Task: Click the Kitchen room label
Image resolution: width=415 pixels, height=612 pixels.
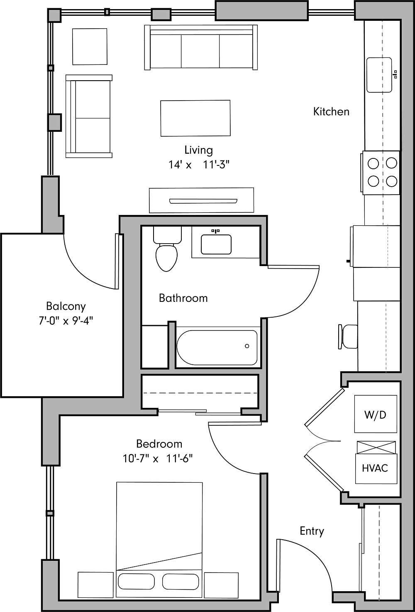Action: coord(331,111)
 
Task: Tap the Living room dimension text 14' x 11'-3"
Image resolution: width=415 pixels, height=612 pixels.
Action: coord(199,165)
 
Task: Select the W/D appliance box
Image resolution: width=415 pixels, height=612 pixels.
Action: coord(375,414)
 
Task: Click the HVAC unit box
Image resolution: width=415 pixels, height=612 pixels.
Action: coord(375,468)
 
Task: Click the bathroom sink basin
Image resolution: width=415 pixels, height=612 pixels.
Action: coord(216,244)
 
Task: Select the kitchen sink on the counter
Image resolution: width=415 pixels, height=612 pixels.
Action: coord(379,75)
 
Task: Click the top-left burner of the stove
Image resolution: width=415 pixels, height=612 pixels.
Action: coord(373,163)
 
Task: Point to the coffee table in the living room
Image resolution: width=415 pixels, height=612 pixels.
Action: coord(195,118)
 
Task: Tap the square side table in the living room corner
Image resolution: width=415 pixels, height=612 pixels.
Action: coord(90,47)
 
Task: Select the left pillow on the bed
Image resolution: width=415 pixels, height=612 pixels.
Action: coord(137,581)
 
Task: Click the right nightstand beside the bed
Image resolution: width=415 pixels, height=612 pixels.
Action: coord(221,585)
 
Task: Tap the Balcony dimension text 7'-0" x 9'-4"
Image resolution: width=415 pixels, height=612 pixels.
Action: coord(66,321)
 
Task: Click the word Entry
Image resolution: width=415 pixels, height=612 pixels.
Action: coord(312,531)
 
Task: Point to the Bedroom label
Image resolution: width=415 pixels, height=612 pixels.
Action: coord(159,444)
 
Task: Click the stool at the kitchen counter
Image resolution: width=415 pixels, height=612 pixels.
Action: coord(349,336)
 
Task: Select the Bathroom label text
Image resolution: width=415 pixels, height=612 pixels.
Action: coord(183,298)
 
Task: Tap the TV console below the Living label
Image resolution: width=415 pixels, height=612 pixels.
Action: coord(201,200)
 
